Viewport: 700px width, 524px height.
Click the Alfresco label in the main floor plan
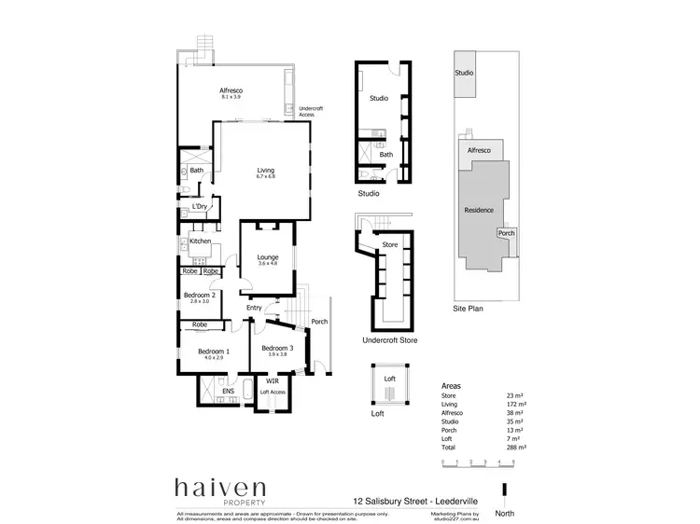click(x=231, y=90)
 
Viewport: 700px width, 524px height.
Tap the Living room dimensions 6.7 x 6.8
click(x=267, y=177)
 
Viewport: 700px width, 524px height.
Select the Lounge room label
click(x=268, y=256)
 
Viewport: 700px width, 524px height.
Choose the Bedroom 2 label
click(x=200, y=295)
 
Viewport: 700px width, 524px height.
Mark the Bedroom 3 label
click(x=278, y=349)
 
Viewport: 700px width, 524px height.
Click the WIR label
click(x=273, y=381)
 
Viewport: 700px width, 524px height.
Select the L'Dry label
click(x=200, y=206)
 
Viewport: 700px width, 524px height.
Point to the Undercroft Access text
click(x=312, y=112)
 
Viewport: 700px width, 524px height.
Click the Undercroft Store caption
click(x=389, y=340)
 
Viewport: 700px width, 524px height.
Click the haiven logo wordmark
click(x=220, y=488)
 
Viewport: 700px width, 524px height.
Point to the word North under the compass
click(x=505, y=512)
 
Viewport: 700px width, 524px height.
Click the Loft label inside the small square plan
click(x=390, y=378)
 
